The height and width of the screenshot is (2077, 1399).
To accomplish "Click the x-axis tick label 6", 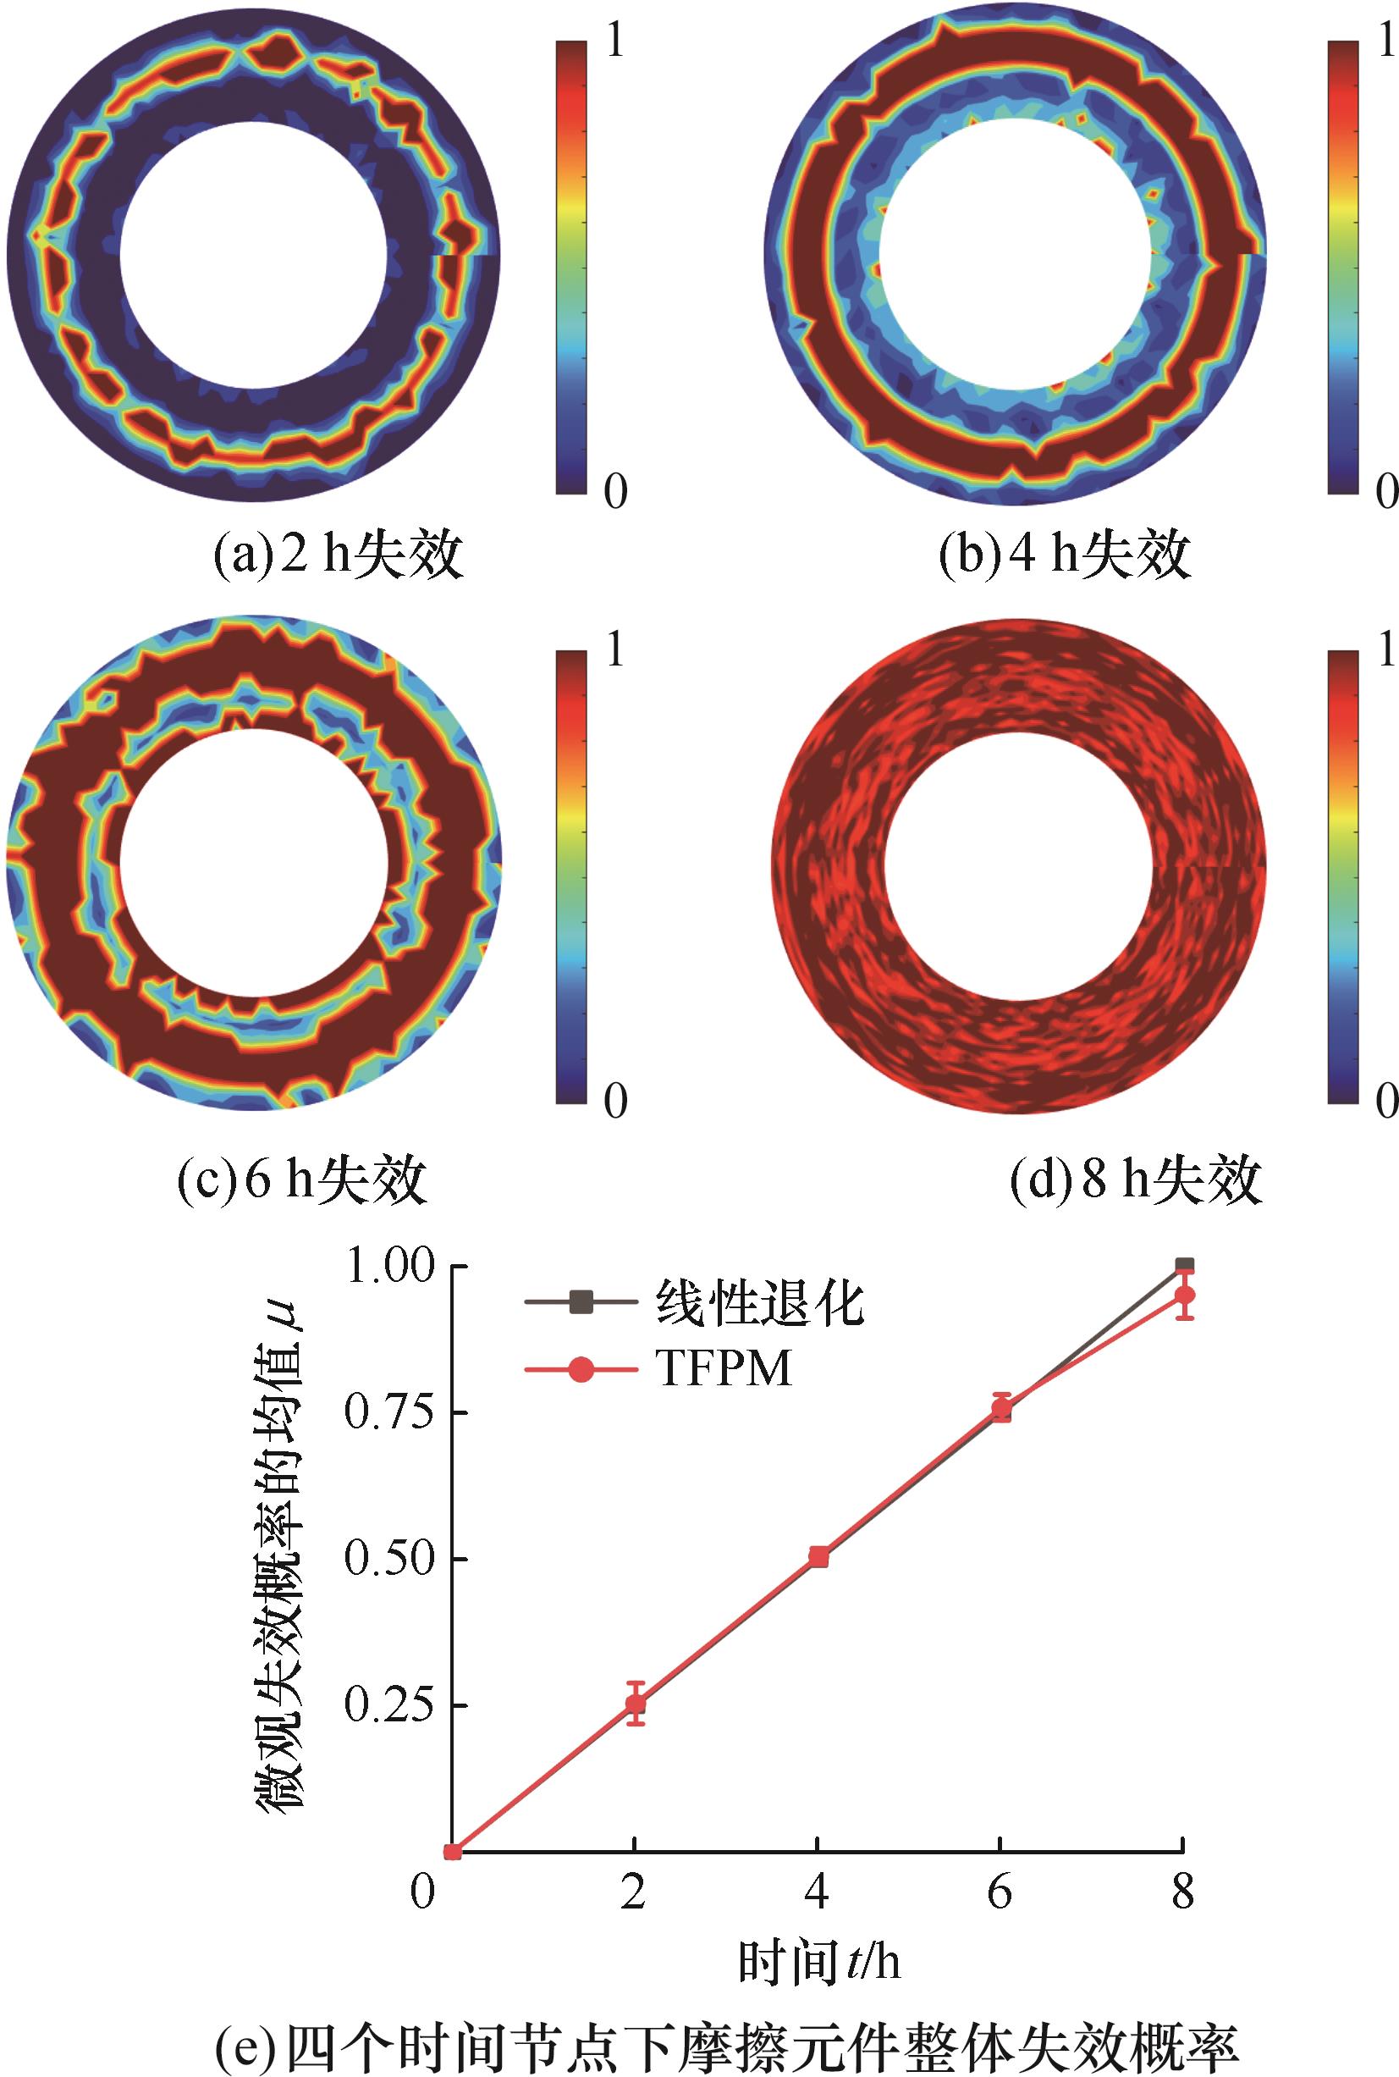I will pos(1000,1892).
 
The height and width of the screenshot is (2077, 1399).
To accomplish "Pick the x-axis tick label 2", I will pos(632,1892).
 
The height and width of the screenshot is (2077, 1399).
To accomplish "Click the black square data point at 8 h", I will pos(1184,1266).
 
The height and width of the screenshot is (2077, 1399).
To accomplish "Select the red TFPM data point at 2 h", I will pos(635,1704).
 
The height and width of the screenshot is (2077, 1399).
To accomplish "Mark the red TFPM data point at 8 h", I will pos(1184,1295).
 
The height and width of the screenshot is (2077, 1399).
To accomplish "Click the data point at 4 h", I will pos(818,1557).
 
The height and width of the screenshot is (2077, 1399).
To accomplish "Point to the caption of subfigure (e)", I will pos(726,2031).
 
